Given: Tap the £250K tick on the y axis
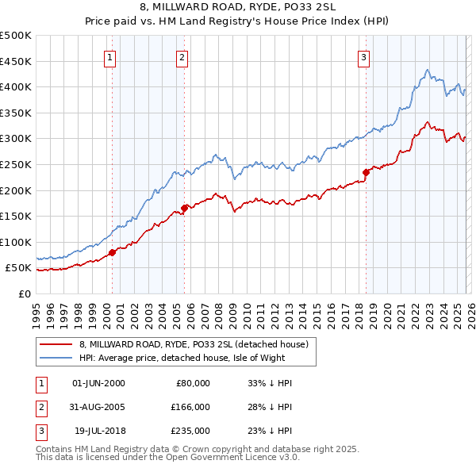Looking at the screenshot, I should tap(16, 164).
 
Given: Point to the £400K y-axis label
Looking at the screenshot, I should tap(16, 86).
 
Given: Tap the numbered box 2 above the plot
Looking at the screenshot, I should tap(182, 56).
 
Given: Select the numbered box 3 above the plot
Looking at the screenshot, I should tap(363, 56).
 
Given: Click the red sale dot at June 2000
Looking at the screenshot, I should tap(112, 252).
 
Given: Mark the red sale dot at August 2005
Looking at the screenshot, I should tap(185, 208).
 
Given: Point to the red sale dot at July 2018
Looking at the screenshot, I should tap(366, 172).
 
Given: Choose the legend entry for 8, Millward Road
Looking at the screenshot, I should tap(198, 344).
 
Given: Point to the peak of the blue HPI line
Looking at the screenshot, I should tap(427, 71).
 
